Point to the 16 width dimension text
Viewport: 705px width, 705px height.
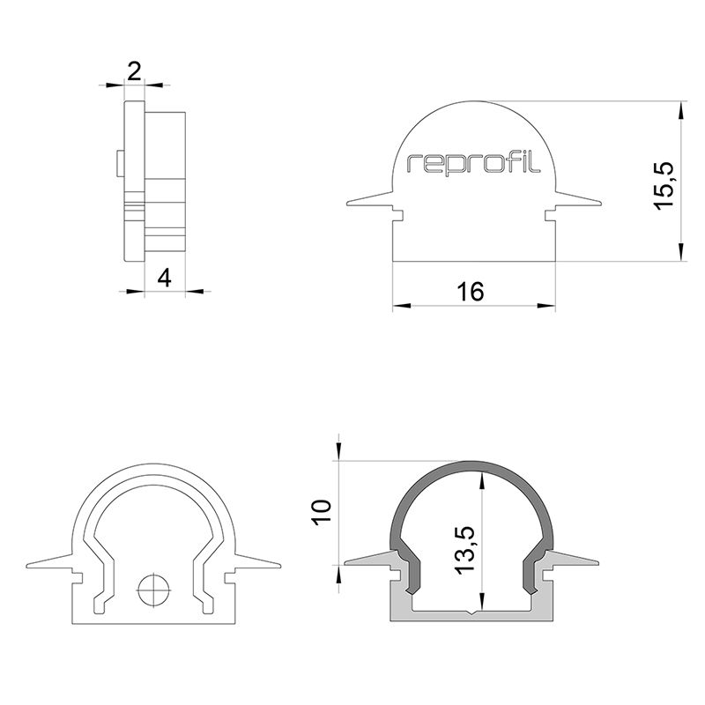471,292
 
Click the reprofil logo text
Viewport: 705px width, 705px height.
474,164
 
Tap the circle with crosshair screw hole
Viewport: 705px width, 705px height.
152,590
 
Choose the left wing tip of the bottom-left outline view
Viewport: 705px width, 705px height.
32,564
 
